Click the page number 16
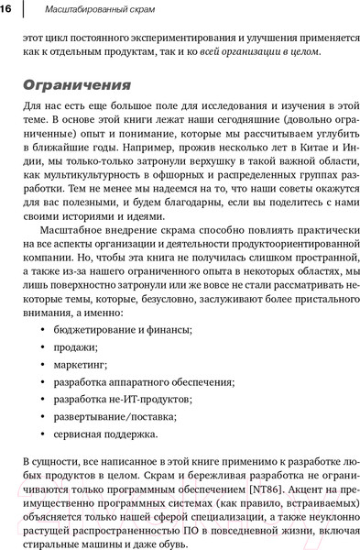[6, 8]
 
